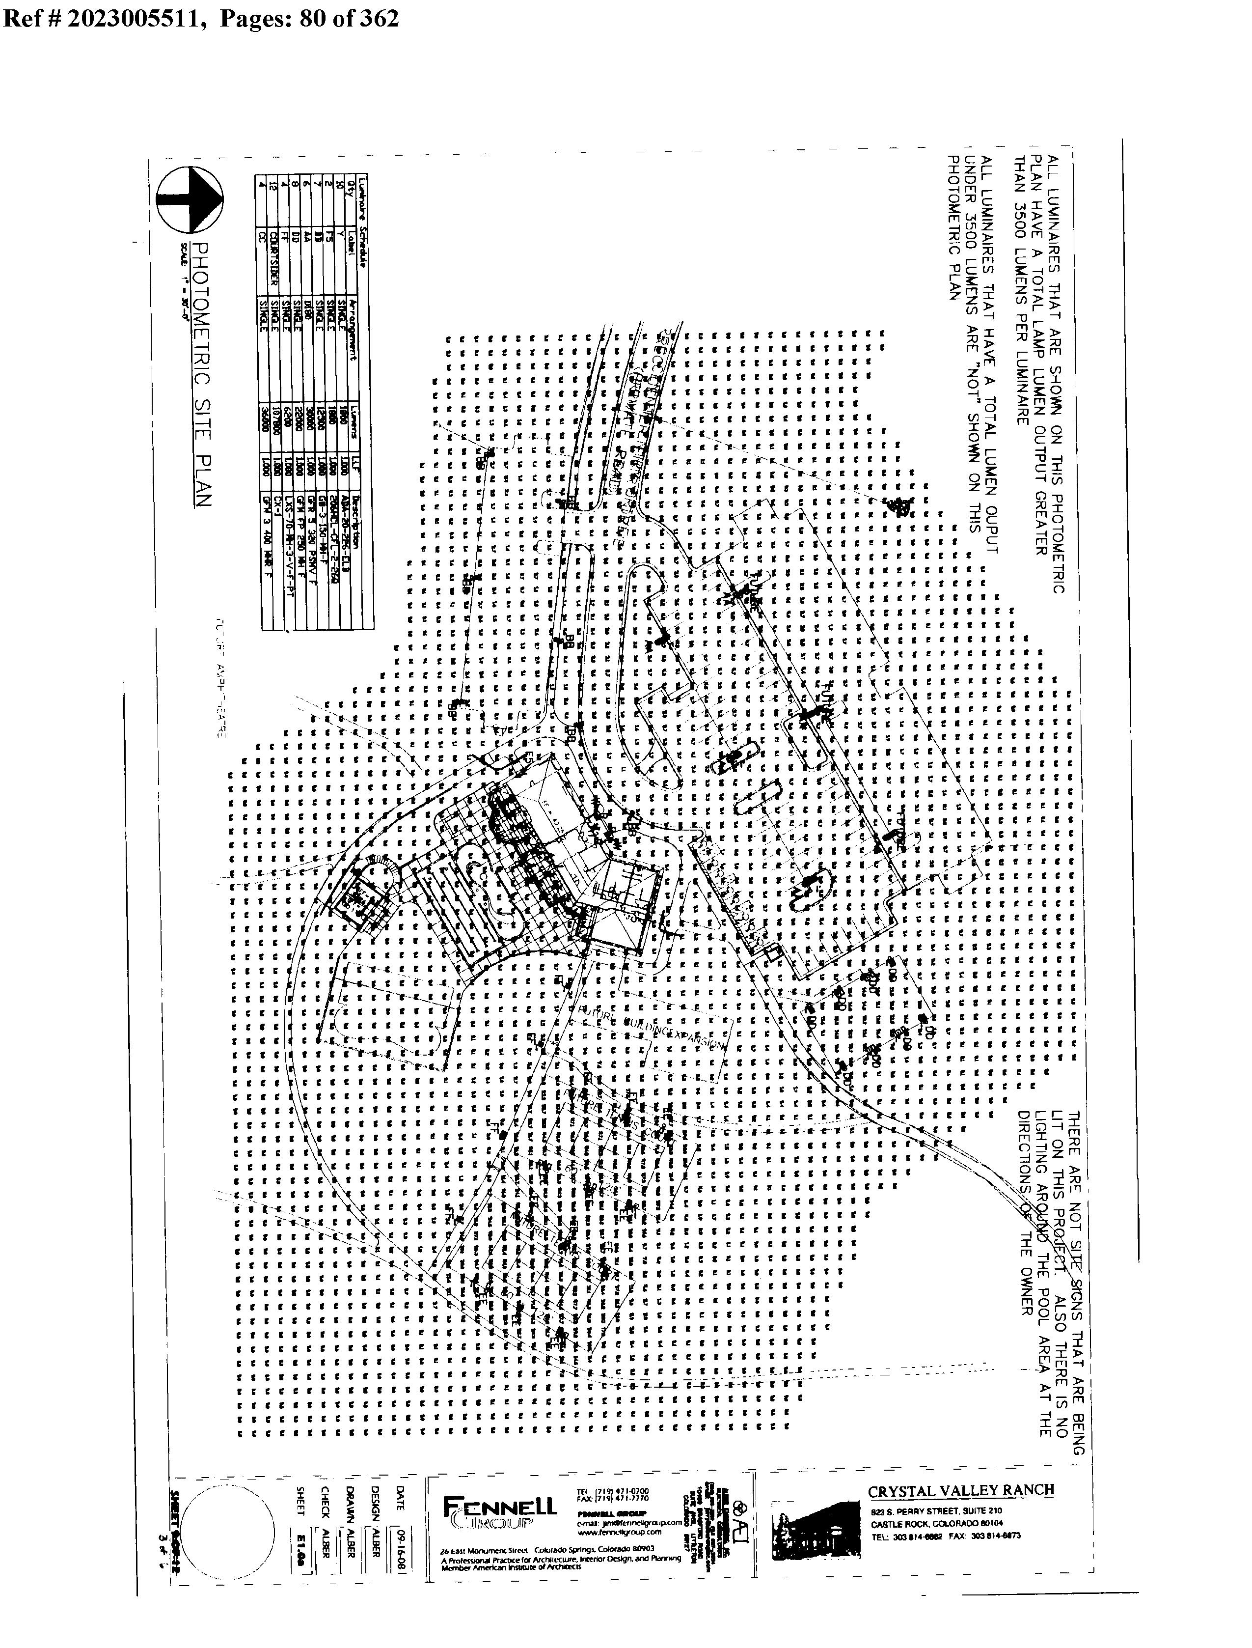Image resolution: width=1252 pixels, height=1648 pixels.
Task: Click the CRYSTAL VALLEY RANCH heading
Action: click(961, 1490)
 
